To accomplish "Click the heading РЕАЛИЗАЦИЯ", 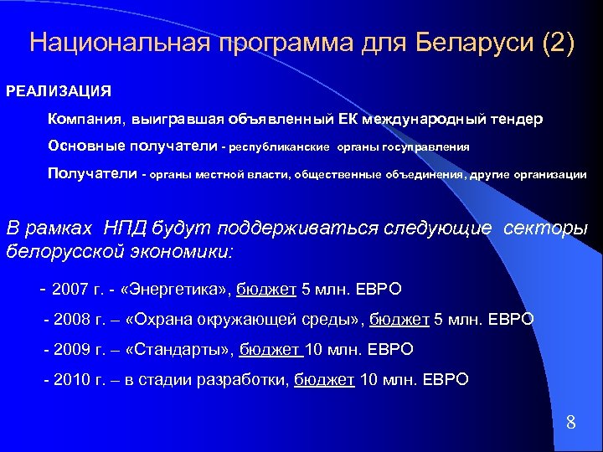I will point(59,90).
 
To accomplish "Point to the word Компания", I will point(83,120).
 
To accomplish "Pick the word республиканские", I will point(280,147).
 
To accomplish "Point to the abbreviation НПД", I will point(125,229).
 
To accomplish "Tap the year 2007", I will point(70,290).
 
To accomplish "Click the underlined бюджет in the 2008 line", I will point(399,320).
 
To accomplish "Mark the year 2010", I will point(70,379).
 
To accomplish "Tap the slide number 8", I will point(570,422).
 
